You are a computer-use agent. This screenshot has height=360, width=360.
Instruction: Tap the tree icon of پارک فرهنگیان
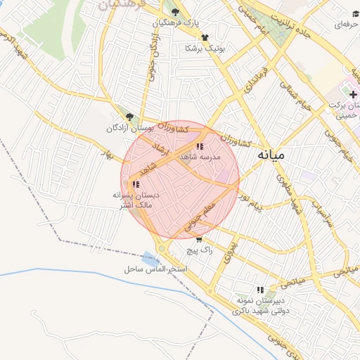point(175,11)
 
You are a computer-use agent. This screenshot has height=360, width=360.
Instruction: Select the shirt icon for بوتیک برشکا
point(205,37)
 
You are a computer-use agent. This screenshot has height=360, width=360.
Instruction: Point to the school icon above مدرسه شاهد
point(200,147)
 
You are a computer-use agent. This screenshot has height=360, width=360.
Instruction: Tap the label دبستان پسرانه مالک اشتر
point(137,199)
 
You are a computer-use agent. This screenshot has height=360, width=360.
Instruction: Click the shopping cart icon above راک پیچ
point(199,239)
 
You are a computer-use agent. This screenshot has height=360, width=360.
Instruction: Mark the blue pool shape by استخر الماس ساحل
point(150,259)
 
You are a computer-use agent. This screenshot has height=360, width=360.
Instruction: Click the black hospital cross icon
point(353,94)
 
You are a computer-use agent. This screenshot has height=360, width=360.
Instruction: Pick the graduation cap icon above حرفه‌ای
point(355,13)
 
